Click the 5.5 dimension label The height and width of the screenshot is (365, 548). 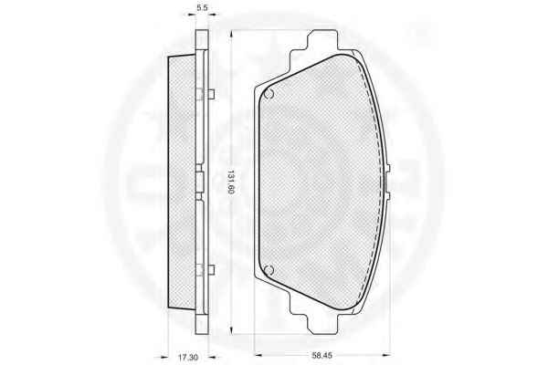coord(202,8)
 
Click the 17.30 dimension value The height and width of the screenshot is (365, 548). coord(188,357)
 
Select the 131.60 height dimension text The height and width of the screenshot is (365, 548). coord(230,182)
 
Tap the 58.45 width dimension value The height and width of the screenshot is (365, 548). coord(321,356)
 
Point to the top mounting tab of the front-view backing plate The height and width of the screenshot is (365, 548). coord(322,39)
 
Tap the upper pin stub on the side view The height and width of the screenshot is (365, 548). coord(211,94)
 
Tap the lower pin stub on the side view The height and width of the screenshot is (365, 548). coord(211,269)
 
